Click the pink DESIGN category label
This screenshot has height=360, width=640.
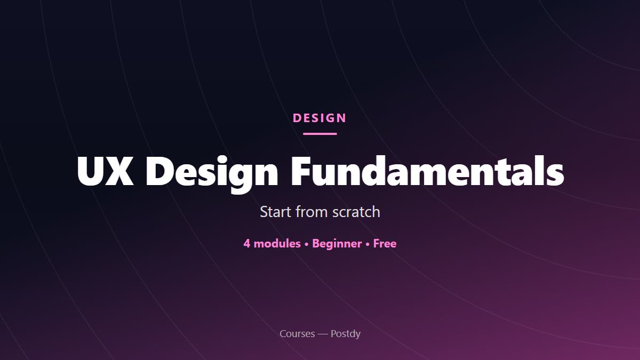pyautogui.click(x=319, y=118)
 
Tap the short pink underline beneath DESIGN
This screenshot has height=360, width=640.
pyautogui.click(x=320, y=134)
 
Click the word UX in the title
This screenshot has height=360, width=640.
pyautogui.click(x=105, y=171)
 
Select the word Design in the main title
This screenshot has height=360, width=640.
pyautogui.click(x=212, y=174)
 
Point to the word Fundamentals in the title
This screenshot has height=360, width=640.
pyautogui.click(x=428, y=170)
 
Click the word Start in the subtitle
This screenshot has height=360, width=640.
pyautogui.click(x=275, y=212)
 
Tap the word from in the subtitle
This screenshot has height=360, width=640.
pyautogui.click(x=311, y=212)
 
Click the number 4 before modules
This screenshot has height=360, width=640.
pyautogui.click(x=247, y=244)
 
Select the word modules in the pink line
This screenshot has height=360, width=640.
pyautogui.click(x=277, y=243)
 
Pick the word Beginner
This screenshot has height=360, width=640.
pyautogui.click(x=337, y=244)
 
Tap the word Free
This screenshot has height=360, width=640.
pyautogui.click(x=385, y=243)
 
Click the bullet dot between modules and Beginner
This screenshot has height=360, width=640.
pyautogui.click(x=307, y=245)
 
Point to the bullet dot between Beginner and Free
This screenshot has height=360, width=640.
pyautogui.click(x=367, y=245)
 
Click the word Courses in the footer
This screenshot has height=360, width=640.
pyautogui.click(x=297, y=334)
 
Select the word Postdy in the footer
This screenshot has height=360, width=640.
pyautogui.click(x=346, y=334)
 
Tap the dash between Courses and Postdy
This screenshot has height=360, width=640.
pyautogui.click(x=323, y=334)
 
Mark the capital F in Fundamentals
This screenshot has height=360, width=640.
pyautogui.click(x=301, y=171)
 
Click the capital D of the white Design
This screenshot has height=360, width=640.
pyautogui.click(x=159, y=171)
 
